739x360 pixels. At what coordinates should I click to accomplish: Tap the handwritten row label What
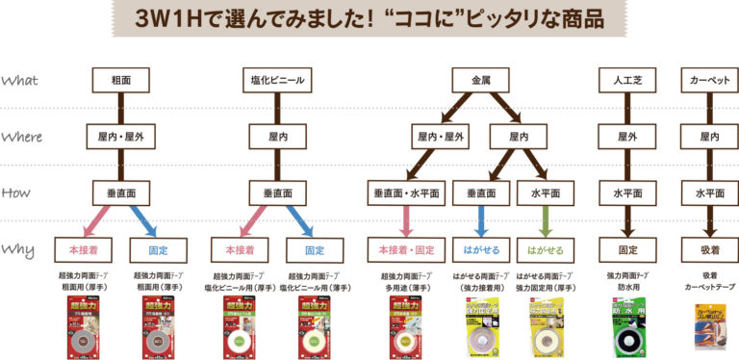(21, 81)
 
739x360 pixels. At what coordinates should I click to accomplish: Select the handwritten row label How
(19, 193)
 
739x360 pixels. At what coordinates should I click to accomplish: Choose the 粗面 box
(119, 80)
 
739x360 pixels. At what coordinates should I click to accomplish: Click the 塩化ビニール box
(274, 80)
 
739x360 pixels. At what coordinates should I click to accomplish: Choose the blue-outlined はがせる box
(481, 249)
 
